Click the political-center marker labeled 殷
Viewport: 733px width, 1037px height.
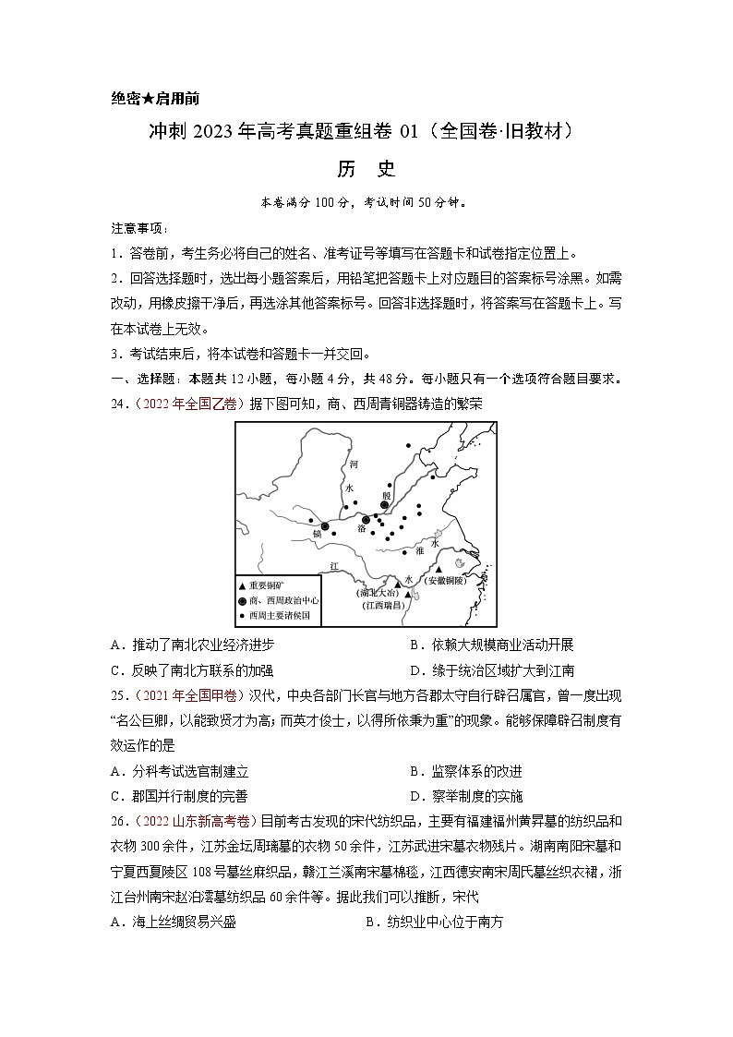(x=386, y=504)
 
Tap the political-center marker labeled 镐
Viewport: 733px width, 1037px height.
(x=325, y=525)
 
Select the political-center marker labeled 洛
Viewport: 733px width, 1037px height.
(x=366, y=521)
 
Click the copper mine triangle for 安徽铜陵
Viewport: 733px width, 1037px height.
(x=439, y=570)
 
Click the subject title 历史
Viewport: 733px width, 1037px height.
(x=366, y=169)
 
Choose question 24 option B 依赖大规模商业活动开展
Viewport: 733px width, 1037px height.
(x=492, y=645)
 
